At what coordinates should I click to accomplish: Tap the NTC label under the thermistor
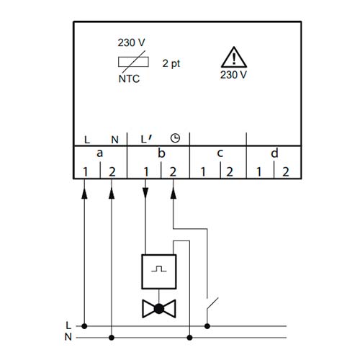pyautogui.click(x=129, y=78)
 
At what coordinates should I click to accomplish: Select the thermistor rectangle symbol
pyautogui.click(x=133, y=62)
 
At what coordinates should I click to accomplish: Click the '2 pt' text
pyautogui.click(x=171, y=63)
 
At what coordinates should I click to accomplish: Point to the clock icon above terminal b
pyautogui.click(x=175, y=138)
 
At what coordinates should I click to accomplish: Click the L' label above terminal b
pyautogui.click(x=146, y=139)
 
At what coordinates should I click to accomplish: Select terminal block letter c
pyautogui.click(x=220, y=153)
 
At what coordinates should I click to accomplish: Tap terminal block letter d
pyautogui.click(x=274, y=153)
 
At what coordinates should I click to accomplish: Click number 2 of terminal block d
pyautogui.click(x=285, y=172)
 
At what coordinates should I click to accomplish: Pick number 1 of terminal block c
pyautogui.click(x=203, y=172)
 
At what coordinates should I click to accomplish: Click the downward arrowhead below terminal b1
pyautogui.click(x=145, y=193)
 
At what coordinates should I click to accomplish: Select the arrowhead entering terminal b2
pyautogui.click(x=174, y=194)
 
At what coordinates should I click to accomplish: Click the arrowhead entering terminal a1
pyautogui.click(x=84, y=194)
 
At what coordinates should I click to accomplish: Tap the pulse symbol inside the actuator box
pyautogui.click(x=159, y=269)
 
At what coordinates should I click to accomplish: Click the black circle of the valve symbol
pyautogui.click(x=158, y=309)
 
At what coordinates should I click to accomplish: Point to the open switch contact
pyautogui.click(x=212, y=305)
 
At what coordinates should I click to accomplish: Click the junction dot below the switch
pyautogui.click(x=207, y=326)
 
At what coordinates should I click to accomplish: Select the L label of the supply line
pyautogui.click(x=68, y=325)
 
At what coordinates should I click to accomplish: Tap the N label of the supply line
pyautogui.click(x=68, y=337)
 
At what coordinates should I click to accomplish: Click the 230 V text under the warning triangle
pyautogui.click(x=233, y=75)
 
